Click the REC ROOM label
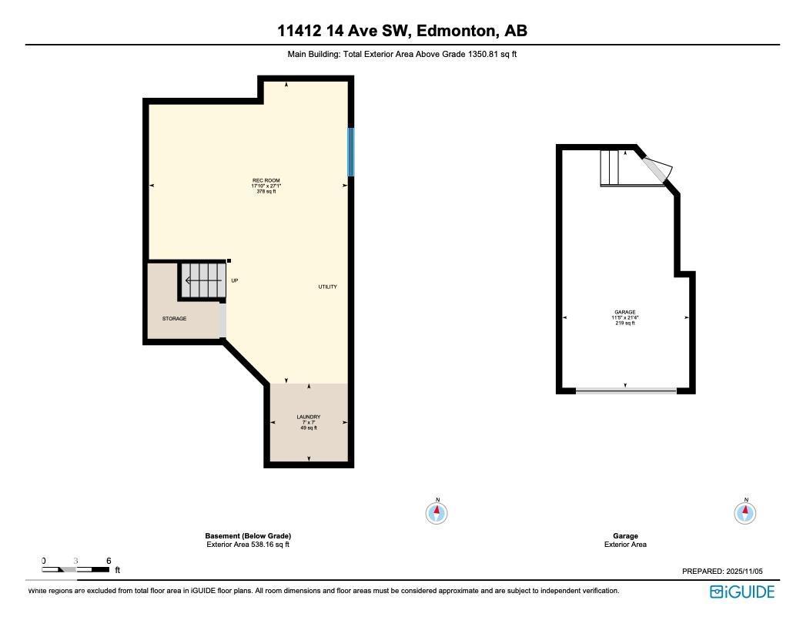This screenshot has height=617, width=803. [266, 181]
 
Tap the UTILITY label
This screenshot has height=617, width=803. [328, 287]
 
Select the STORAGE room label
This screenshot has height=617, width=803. [174, 318]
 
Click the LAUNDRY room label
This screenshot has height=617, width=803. [309, 417]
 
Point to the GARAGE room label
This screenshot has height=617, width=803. [624, 313]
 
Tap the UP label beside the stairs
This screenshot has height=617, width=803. [234, 280]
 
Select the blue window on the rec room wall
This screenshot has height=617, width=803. [350, 152]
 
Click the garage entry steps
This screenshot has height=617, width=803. [611, 167]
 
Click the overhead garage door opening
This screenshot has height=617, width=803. [626, 391]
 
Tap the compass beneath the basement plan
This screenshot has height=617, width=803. [437, 512]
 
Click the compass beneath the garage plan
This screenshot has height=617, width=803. [745, 512]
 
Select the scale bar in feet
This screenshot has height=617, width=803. [76, 568]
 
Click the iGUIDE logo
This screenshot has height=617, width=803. [741, 592]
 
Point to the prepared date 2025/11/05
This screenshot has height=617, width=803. [721, 572]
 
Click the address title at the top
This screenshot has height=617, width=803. [402, 32]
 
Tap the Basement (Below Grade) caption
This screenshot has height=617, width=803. [248, 536]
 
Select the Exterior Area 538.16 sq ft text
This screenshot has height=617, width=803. [248, 545]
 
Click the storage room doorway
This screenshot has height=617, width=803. [222, 320]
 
